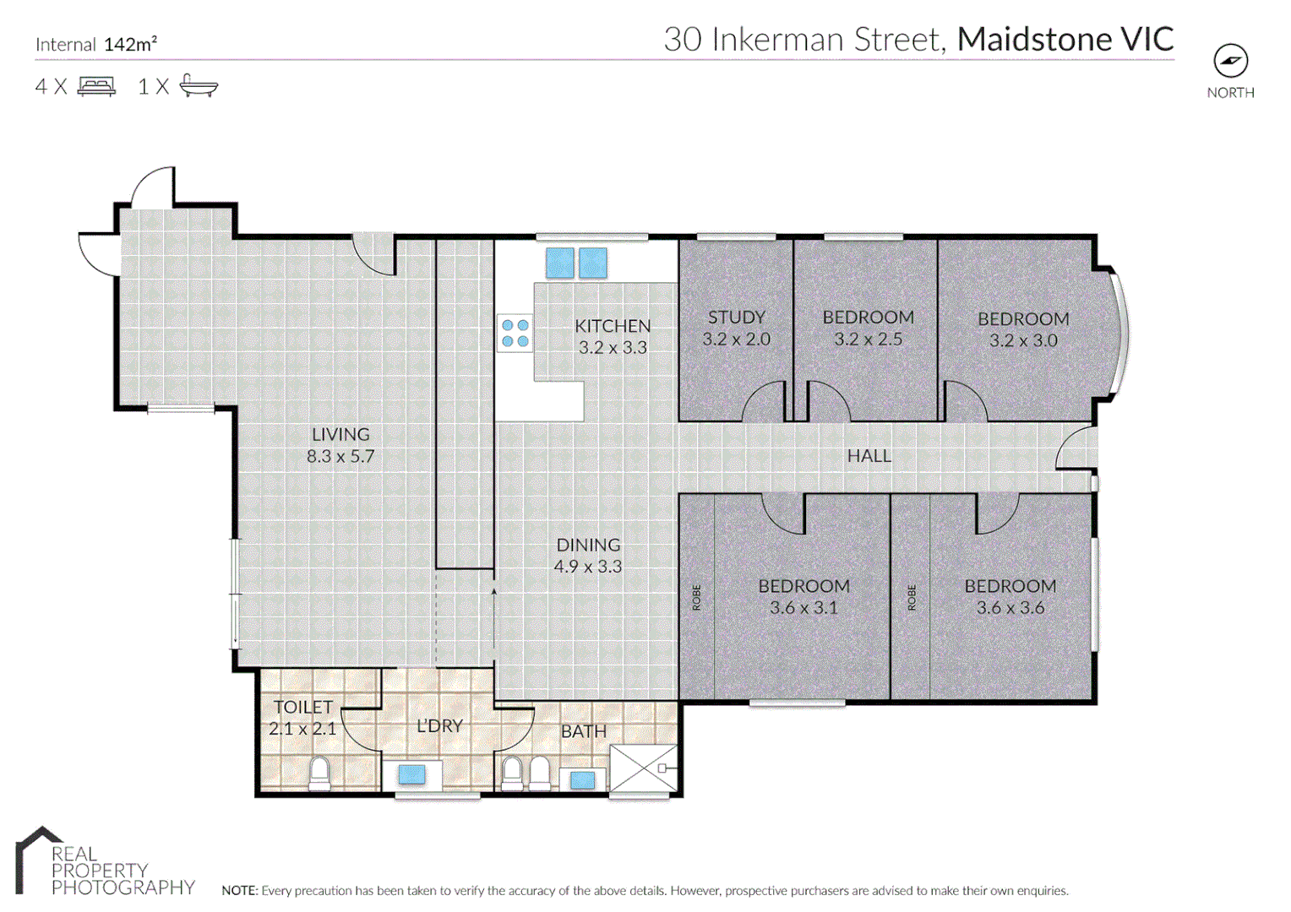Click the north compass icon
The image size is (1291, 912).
[x=1230, y=61]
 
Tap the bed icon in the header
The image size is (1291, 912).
[x=96, y=86]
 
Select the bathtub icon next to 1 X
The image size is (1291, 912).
[x=199, y=86]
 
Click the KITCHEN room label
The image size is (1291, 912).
[x=613, y=326]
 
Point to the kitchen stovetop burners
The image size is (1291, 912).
[x=515, y=333]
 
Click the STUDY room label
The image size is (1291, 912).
[x=736, y=318]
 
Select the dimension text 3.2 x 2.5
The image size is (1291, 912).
[x=868, y=339]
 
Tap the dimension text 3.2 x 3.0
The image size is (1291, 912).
[x=1023, y=341]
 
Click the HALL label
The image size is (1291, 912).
[x=869, y=456]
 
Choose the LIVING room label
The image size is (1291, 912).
[x=340, y=435]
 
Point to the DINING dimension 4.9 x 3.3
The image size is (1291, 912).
[x=588, y=567]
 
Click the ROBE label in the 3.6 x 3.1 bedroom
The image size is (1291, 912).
[x=697, y=598]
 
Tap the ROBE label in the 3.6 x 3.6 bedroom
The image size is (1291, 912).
[x=912, y=598]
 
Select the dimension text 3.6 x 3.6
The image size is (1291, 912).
[x=1010, y=608]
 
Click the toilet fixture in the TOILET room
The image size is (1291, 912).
[x=319, y=774]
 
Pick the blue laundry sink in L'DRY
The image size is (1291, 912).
[x=411, y=774]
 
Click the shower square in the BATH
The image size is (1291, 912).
[x=643, y=768]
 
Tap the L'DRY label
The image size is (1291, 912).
[x=439, y=726]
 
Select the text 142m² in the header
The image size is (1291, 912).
[x=130, y=45]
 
